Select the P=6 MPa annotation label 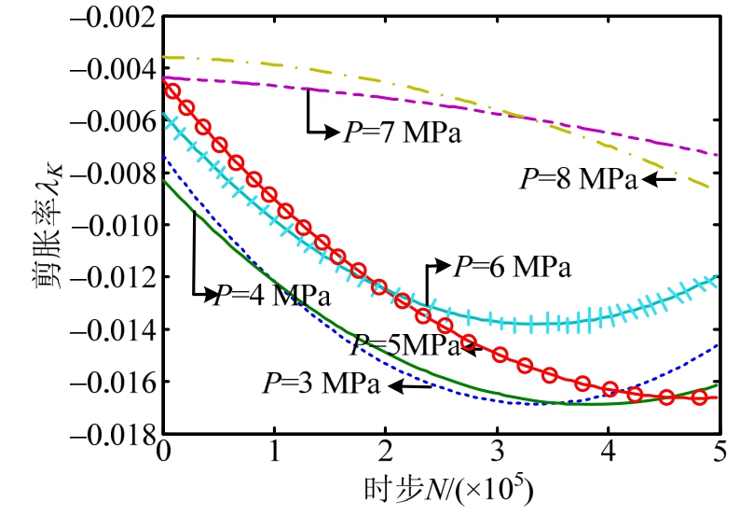point(512,267)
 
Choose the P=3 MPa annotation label point(321,384)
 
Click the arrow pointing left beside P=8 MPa point(656,180)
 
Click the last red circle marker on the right point(699,397)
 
